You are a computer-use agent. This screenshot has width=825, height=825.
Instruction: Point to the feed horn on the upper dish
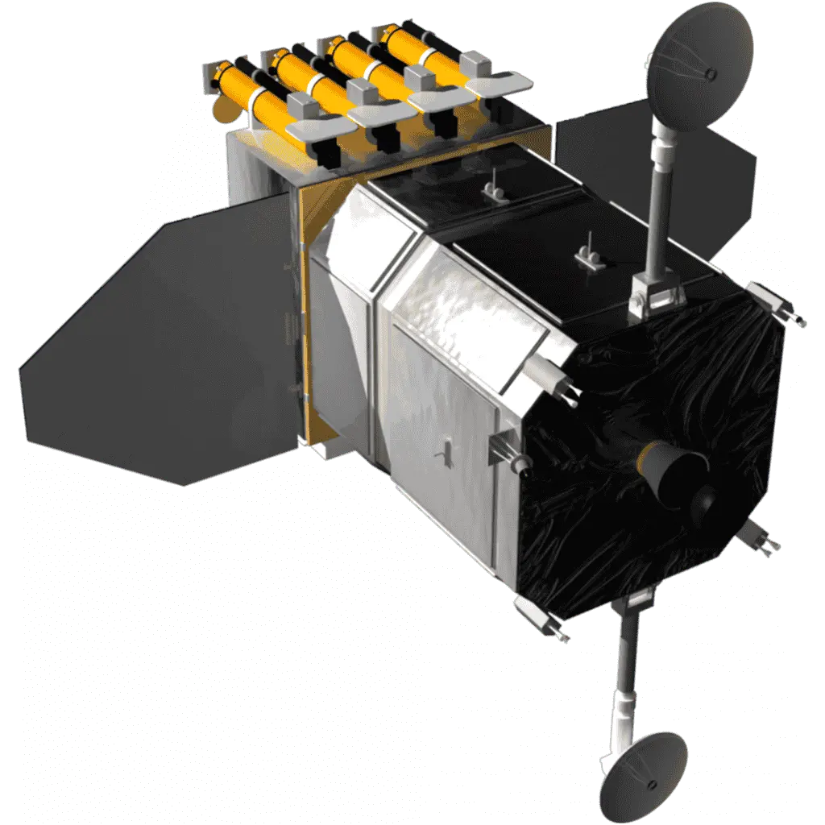709,74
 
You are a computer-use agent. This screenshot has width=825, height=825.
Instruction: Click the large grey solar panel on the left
161,346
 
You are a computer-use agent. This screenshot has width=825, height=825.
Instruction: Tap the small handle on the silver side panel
442,457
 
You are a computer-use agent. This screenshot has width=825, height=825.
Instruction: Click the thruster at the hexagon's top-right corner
778,310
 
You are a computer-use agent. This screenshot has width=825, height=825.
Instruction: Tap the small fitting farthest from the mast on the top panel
491,190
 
